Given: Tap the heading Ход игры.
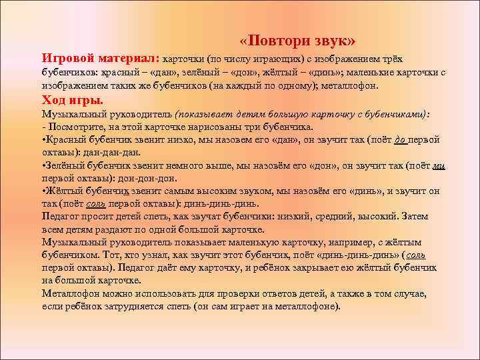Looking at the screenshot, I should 73,101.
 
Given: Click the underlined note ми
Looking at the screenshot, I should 438,165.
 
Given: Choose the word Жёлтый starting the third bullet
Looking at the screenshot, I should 66,191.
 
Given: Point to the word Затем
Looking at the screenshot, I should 413,217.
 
